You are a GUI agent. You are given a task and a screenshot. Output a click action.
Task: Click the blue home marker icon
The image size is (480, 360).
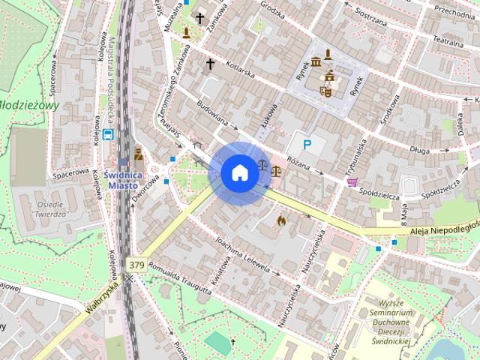click(239, 173)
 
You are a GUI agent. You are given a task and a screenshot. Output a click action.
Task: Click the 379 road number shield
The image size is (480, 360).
click(136, 265)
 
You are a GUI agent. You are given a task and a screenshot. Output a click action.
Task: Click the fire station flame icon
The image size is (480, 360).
click(281, 220)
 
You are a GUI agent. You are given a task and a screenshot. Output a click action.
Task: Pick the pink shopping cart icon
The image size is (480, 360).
click(351, 182)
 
